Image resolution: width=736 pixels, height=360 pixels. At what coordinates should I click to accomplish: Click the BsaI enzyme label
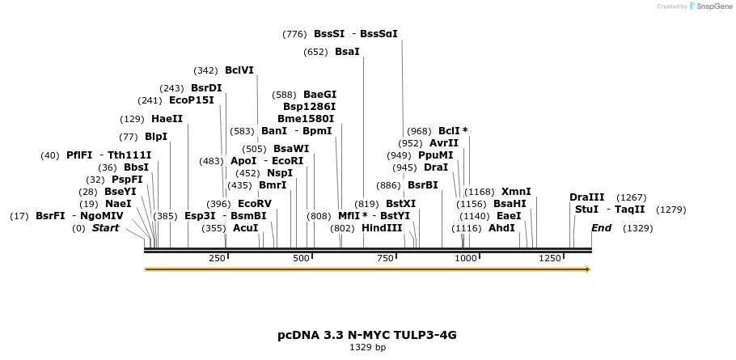[x=347, y=52]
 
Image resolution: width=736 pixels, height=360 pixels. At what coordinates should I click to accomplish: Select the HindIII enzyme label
[x=382, y=228]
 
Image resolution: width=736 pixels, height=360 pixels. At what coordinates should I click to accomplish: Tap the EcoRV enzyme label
[x=255, y=204]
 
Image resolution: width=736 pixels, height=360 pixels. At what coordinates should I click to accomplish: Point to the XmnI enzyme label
[x=516, y=192]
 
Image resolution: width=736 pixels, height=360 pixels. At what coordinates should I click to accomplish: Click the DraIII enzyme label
[x=586, y=197]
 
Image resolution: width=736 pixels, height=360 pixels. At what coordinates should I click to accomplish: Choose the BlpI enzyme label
[x=156, y=137]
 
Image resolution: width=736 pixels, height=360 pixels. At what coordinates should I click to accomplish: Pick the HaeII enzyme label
[x=167, y=119]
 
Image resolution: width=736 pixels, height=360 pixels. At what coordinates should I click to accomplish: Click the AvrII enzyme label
[x=444, y=143]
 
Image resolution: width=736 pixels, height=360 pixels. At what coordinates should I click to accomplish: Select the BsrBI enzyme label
[x=423, y=185]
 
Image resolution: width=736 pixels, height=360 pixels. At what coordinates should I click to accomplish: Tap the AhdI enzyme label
[x=501, y=228]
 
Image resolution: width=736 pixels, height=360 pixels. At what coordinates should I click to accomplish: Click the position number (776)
[x=294, y=34]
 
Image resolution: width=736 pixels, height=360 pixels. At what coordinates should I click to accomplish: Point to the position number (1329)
[x=637, y=228]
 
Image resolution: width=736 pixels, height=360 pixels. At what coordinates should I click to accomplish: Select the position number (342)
[x=205, y=70]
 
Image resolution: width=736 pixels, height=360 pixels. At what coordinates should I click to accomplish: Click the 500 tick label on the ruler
[x=302, y=258]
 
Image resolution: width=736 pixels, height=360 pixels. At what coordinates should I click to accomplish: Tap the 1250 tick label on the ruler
[x=550, y=258]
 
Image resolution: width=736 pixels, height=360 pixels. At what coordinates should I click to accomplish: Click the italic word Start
[x=105, y=228]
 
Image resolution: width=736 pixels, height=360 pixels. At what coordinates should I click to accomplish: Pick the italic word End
[x=601, y=228]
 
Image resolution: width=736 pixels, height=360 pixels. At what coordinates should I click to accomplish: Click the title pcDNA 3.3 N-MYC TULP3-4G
[x=367, y=334]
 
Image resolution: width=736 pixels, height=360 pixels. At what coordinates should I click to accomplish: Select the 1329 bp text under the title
[x=367, y=348]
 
